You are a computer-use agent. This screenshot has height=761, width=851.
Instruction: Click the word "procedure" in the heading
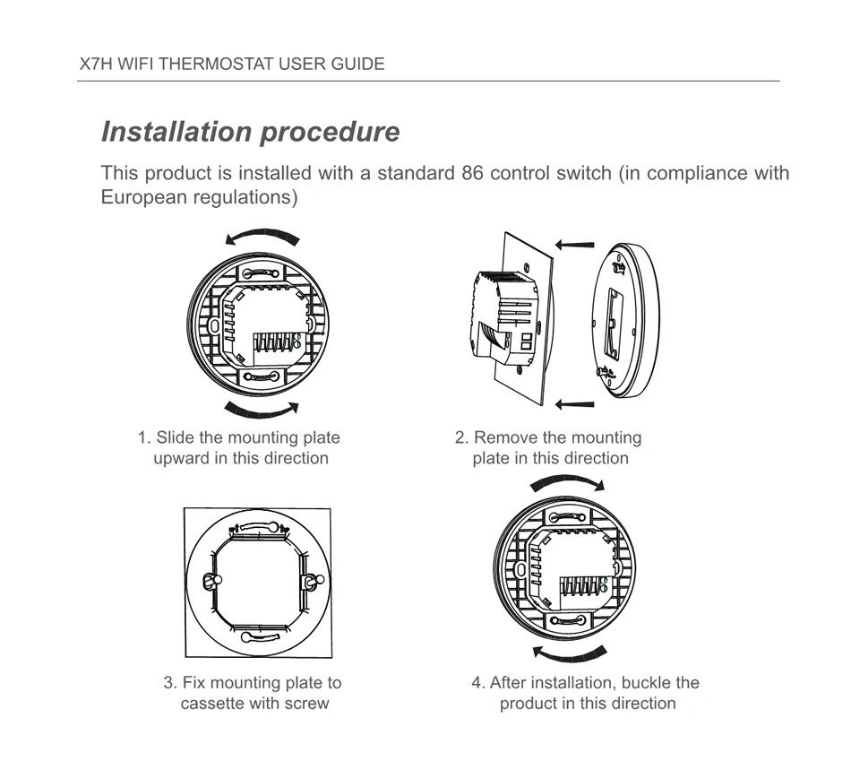point(331,133)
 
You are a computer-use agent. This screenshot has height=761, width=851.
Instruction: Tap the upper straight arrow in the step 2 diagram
point(574,244)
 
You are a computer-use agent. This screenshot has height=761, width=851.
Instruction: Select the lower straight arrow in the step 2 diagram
point(574,405)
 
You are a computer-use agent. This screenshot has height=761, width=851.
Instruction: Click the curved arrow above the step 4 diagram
point(566,485)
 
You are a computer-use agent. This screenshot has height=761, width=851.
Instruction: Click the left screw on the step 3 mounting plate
point(210,582)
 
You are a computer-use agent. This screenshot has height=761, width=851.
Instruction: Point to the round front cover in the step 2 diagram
point(628,320)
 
